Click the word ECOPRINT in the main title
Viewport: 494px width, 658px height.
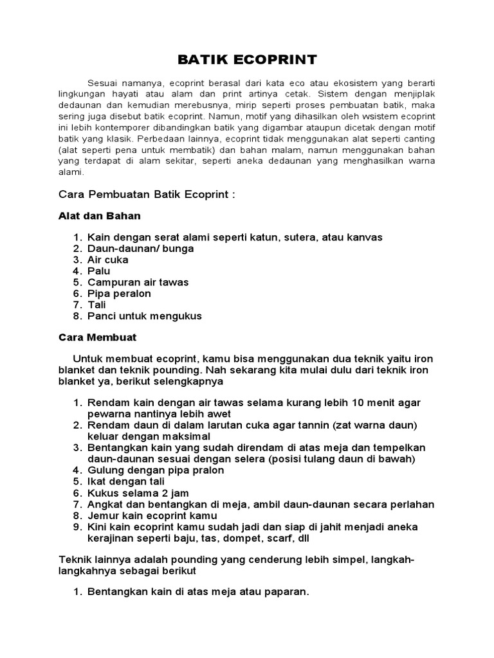click(279, 60)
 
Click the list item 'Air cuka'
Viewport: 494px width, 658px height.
click(108, 260)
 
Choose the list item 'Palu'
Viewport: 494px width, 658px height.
click(99, 271)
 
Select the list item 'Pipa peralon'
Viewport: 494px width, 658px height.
click(119, 294)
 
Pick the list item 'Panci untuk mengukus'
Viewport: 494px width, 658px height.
click(145, 316)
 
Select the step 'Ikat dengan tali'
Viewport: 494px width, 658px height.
click(126, 481)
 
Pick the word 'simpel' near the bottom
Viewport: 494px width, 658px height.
click(324, 560)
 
